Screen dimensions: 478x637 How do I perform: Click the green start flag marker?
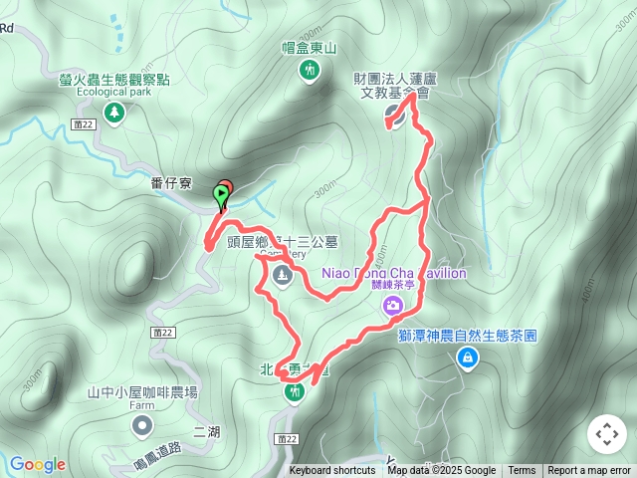point(220,197)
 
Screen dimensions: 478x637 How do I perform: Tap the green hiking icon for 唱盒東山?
point(309,69)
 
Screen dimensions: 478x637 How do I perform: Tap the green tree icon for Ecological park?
point(114,112)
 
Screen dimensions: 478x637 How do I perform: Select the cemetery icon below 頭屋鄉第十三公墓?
point(282,274)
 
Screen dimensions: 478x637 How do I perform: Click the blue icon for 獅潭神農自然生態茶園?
point(466,356)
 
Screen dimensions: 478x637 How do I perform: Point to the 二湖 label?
point(207,431)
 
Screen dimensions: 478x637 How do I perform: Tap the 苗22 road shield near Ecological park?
point(84,122)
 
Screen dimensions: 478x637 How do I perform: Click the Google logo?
point(37,464)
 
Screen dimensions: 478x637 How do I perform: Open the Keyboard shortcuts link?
point(332,471)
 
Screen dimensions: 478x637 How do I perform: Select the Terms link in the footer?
point(522,471)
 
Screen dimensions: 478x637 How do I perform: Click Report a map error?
point(589,471)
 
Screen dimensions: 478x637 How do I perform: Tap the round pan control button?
point(607,434)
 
